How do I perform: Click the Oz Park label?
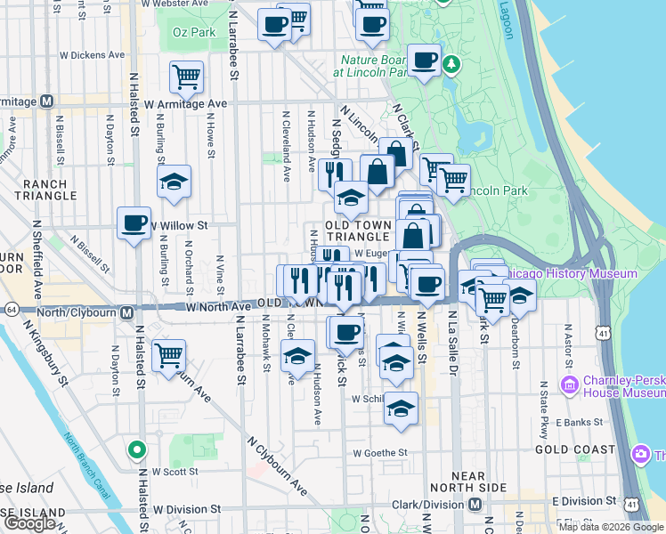point(193,32)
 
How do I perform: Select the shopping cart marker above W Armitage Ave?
point(186,77)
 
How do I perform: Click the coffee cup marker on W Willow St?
point(134,222)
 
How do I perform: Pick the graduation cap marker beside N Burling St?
point(174,182)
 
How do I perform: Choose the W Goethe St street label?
point(380,452)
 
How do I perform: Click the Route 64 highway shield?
point(11,309)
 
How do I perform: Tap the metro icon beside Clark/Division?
point(475,505)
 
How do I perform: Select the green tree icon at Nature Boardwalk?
point(452,64)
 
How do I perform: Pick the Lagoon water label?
point(508,23)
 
